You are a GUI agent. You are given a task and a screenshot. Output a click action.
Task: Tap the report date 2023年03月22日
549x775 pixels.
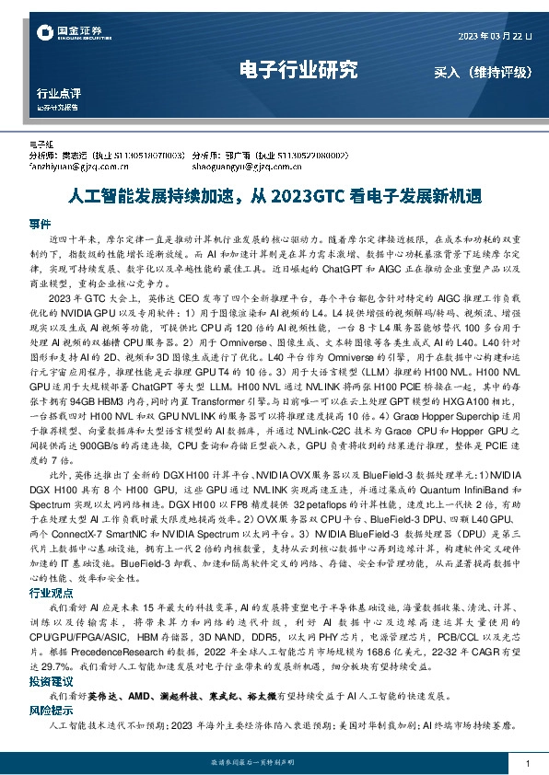coord(495,35)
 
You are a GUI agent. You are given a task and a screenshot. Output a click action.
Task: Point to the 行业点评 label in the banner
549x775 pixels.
coord(59,93)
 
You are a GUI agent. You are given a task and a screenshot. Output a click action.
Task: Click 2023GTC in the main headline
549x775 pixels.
coord(307,196)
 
